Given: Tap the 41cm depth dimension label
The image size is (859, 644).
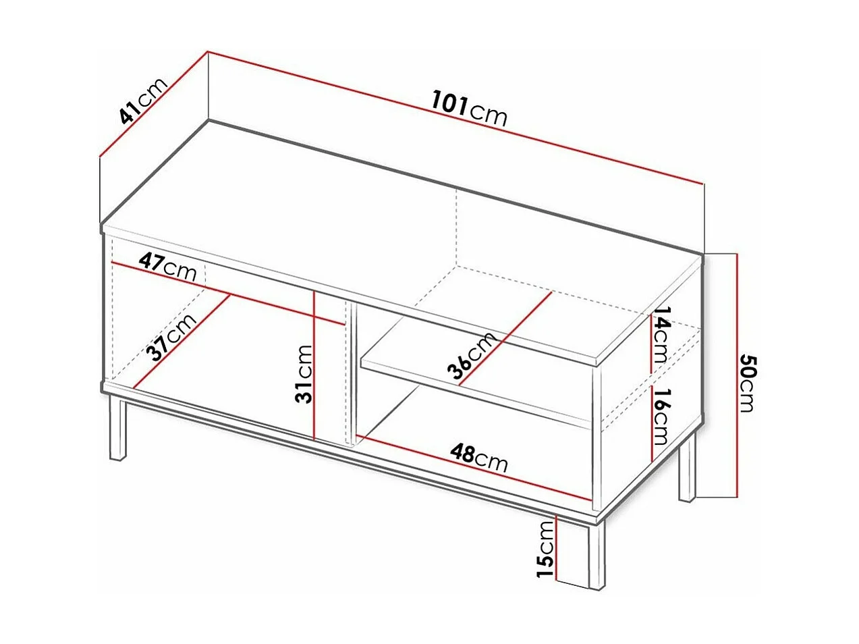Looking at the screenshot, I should [142, 102].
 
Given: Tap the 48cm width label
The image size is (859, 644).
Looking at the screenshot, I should [479, 457].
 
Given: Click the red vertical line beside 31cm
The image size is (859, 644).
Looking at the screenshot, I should [314, 365].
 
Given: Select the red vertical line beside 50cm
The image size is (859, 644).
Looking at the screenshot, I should [738, 375].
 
